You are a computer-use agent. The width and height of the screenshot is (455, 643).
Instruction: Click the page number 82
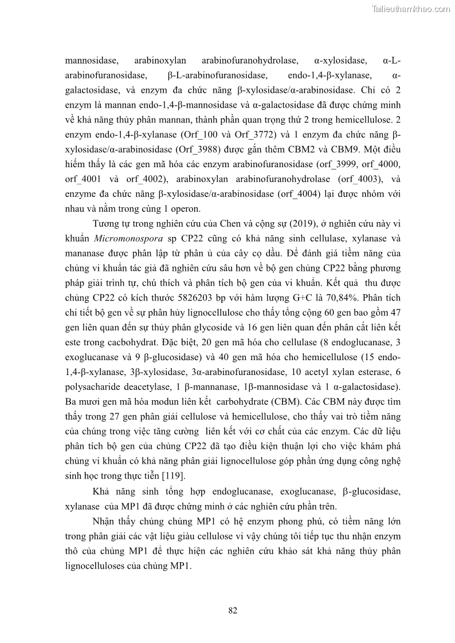click(x=233, y=610)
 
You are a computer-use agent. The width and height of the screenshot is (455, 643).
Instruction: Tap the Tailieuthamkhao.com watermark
click(x=411, y=9)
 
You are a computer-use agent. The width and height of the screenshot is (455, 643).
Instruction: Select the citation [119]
click(x=191, y=476)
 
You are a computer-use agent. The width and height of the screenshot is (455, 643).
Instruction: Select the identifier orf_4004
click(x=298, y=193)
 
